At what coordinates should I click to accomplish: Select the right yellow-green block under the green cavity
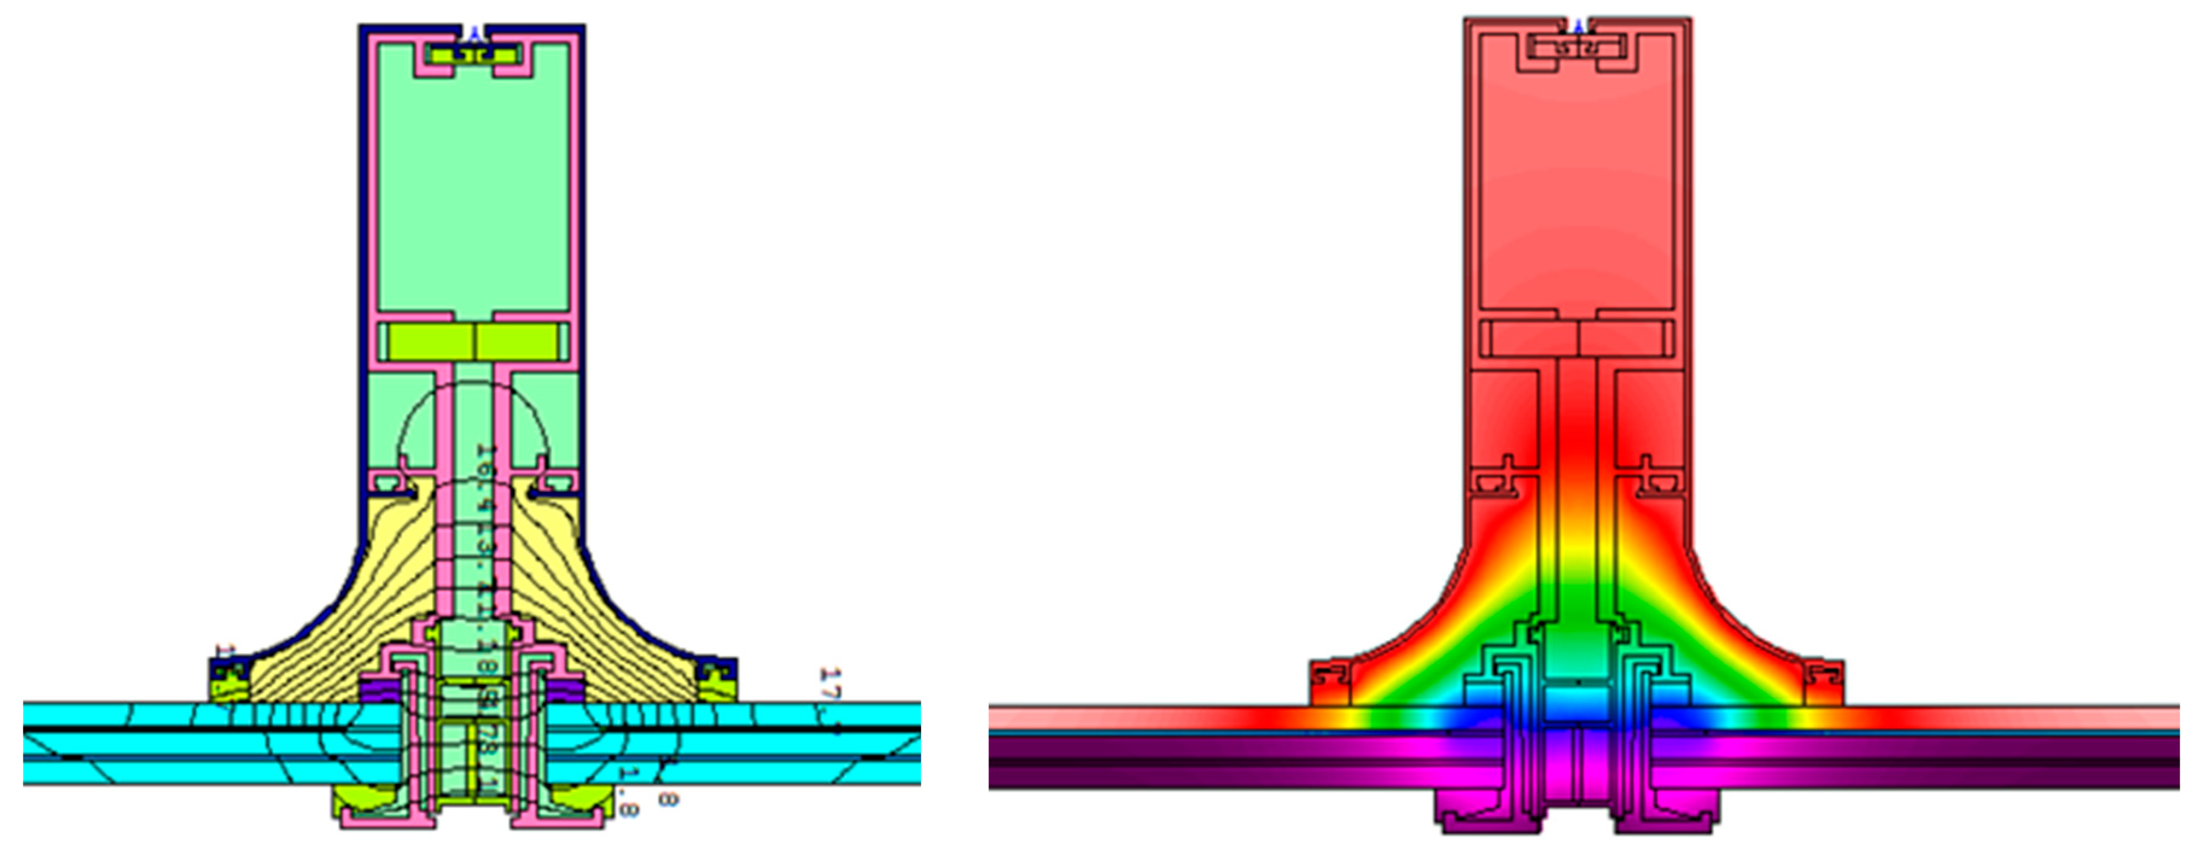tap(517, 341)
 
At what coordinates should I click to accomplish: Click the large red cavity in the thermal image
tap(1577, 171)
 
